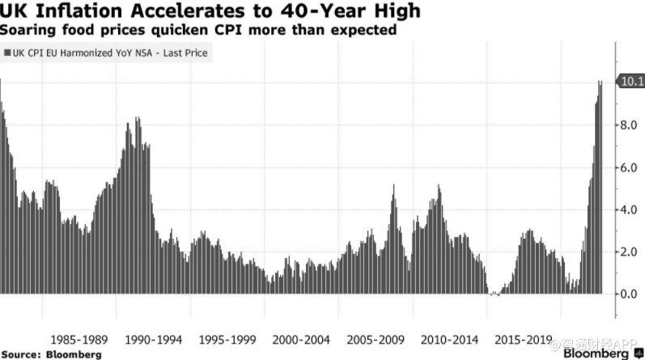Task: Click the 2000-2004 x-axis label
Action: pos(301,338)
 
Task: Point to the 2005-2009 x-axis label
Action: pos(376,338)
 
